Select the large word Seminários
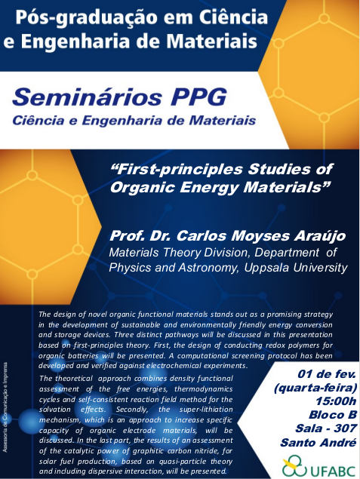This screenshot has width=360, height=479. pos(87,97)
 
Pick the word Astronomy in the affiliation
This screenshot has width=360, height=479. pos(208,268)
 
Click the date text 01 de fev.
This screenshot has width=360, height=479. pos(326,374)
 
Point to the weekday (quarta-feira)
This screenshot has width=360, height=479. pos(315,388)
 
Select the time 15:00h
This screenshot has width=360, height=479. pos(336,401)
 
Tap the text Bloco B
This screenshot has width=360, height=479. pos(333,415)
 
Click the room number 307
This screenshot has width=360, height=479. pos(345,428)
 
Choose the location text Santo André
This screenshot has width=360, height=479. pos(318,442)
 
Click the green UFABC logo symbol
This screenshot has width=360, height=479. pos(294,465)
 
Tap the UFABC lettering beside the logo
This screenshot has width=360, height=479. pos(333,471)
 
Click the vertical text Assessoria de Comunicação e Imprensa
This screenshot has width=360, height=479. pos(5,407)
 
